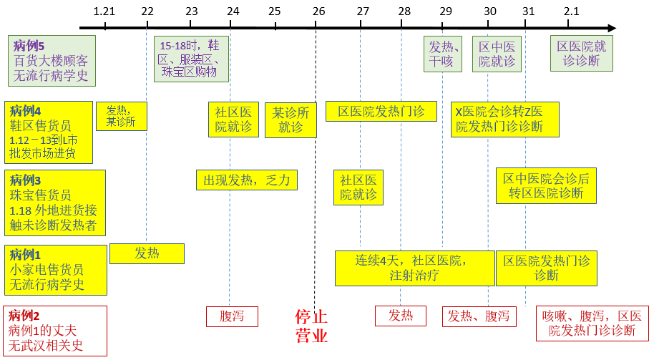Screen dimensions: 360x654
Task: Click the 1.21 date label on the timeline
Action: click(x=104, y=11)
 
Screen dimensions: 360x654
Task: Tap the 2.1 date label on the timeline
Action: click(x=571, y=11)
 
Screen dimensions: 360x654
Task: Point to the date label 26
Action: click(x=319, y=11)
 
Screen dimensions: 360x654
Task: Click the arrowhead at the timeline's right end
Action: click(x=610, y=28)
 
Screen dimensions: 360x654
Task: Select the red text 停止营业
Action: click(x=311, y=326)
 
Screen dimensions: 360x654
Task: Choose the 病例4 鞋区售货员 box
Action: click(x=49, y=132)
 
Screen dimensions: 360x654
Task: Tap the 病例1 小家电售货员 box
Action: click(x=56, y=270)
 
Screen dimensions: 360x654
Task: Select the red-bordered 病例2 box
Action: click(x=55, y=331)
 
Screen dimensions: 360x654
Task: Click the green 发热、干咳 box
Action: click(x=441, y=54)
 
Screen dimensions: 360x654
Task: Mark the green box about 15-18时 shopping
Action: click(x=191, y=59)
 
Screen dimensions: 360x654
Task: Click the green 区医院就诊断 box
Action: click(x=581, y=54)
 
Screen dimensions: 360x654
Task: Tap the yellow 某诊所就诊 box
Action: click(x=291, y=120)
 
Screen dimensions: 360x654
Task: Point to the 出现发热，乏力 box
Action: click(x=246, y=180)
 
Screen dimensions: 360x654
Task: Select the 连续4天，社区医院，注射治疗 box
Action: click(x=414, y=268)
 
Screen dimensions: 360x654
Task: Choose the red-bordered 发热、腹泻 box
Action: click(x=479, y=316)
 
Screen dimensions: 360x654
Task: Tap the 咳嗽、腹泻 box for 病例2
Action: click(x=592, y=323)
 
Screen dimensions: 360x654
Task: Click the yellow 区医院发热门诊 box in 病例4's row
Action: click(x=381, y=111)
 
